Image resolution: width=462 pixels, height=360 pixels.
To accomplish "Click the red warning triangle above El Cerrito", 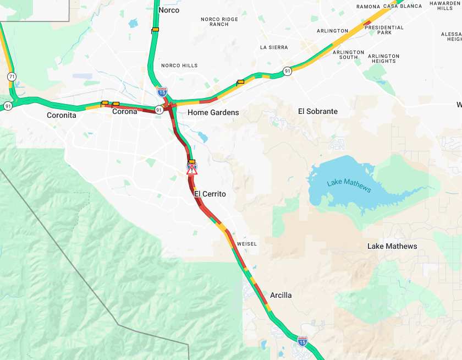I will (x=191, y=171).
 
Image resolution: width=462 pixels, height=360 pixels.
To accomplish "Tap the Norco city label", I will (x=168, y=10).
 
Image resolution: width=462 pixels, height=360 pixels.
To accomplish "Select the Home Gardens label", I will (x=213, y=112).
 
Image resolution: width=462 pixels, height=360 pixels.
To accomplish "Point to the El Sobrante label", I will (x=317, y=111).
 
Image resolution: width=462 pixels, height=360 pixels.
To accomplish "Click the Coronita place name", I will (x=62, y=115).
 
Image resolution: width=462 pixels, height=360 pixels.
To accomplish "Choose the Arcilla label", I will (x=280, y=296).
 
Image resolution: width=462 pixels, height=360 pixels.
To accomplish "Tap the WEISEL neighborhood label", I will (x=247, y=244).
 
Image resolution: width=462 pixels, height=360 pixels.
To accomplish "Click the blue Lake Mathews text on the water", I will (x=349, y=186).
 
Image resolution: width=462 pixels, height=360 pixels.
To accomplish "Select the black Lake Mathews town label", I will (x=392, y=246).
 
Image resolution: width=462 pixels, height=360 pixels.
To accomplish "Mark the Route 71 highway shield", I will (x=12, y=77).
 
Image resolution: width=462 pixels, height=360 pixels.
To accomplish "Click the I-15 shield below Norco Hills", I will (x=162, y=91).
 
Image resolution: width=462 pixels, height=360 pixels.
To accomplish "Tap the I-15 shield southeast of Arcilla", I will (x=302, y=341).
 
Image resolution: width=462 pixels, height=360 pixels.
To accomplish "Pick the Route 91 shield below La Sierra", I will (x=287, y=71).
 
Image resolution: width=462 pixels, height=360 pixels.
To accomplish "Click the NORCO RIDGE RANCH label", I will (x=219, y=22).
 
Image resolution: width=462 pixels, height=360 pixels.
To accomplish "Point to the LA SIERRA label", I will (x=274, y=47).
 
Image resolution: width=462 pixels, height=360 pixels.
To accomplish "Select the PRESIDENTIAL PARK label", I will (x=384, y=30).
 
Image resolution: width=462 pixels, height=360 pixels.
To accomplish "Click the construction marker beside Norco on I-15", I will (x=155, y=30).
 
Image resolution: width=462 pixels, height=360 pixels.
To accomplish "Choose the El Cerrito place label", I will (x=210, y=194).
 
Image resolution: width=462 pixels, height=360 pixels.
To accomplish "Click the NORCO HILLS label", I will (x=179, y=66).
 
